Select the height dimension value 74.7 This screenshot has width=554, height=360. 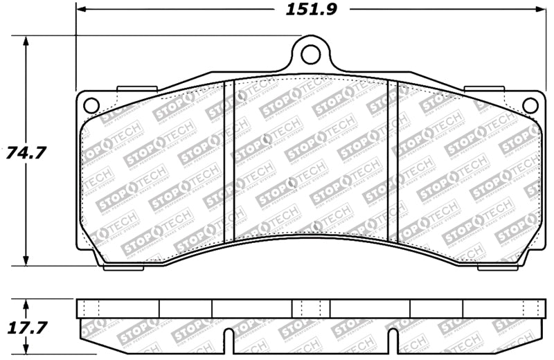(x=25, y=152)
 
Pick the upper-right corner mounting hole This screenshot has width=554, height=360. (x=530, y=105)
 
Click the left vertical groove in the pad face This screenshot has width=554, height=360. (x=231, y=159)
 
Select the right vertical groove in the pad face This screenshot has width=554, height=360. (x=393, y=159)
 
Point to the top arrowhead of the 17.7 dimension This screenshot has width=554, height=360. (x=26, y=304)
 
